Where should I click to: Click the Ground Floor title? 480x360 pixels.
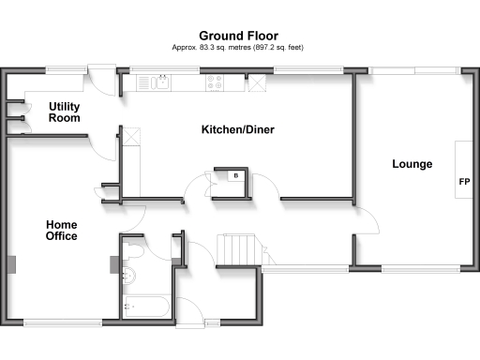pos(239,35)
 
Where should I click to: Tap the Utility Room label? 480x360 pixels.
pos(65,112)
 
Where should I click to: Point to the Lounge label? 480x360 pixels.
pos(412,164)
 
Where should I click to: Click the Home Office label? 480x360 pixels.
pos(62,231)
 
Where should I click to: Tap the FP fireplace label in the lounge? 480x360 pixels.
pos(463,181)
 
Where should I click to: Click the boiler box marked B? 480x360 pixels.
pos(235,175)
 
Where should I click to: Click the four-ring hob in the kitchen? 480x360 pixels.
pos(217,82)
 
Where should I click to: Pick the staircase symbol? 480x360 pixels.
pos(238,249)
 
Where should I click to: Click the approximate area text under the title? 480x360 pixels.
pos(239,47)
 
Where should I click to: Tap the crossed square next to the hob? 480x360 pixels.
pos(255,82)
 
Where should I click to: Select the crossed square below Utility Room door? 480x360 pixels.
pos(132,137)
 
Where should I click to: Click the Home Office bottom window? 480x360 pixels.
pos(63,322)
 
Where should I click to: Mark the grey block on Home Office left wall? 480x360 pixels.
pos(11,263)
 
